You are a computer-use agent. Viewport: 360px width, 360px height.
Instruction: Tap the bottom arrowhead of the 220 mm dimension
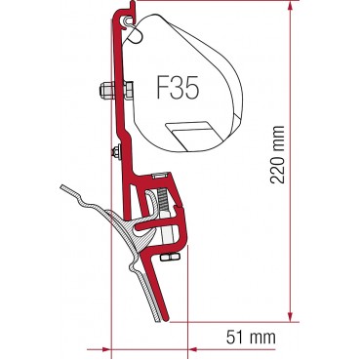(293, 315)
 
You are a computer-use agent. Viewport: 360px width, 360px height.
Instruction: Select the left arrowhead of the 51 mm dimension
(100, 344)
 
